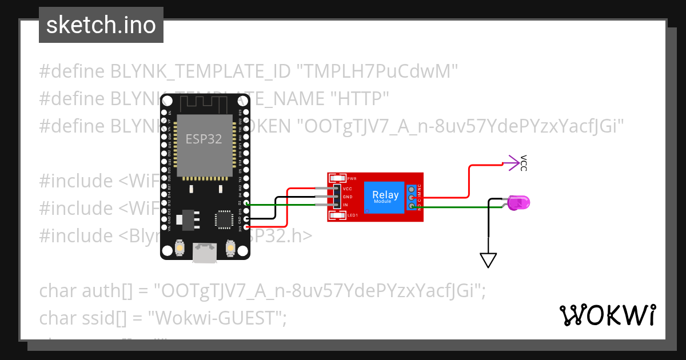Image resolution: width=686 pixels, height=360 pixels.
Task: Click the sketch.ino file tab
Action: coord(101,25)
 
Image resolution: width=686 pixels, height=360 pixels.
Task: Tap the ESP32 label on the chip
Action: coord(204,139)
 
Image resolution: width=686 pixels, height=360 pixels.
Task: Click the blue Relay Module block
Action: coord(385,197)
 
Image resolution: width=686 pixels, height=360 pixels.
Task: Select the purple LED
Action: coord(519,202)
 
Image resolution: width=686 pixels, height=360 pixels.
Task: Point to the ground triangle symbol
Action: coord(488,260)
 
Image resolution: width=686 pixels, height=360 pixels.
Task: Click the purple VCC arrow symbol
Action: coord(510,163)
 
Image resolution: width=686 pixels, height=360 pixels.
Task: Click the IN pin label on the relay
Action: coord(345,205)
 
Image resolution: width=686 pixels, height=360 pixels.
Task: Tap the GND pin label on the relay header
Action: coord(347,197)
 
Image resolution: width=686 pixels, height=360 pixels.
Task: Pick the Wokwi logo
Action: coord(607,315)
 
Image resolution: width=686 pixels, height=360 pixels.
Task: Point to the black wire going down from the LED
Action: coord(488,229)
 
